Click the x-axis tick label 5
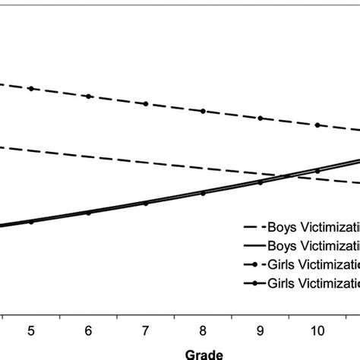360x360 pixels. [x=31, y=330]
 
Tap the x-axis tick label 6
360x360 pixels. [x=88, y=330]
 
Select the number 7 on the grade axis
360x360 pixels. [x=146, y=330]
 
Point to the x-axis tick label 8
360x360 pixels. [x=203, y=330]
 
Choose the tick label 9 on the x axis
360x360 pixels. [x=261, y=330]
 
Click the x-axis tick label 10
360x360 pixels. [x=317, y=330]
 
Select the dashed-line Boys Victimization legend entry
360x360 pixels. [x=300, y=226]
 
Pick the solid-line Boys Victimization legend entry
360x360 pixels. [x=300, y=245]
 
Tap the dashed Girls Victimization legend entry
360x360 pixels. [x=300, y=264]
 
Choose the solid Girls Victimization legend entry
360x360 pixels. [x=300, y=283]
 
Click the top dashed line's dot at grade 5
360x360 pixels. [x=31, y=89]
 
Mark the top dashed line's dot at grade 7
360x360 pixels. [x=146, y=103]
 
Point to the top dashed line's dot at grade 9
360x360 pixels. [x=261, y=118]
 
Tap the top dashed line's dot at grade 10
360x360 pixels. [x=317, y=125]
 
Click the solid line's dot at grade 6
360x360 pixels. [x=88, y=213]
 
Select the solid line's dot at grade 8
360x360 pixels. [x=203, y=193]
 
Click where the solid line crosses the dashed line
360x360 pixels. [x=289, y=176]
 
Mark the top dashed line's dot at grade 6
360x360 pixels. [x=88, y=96]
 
